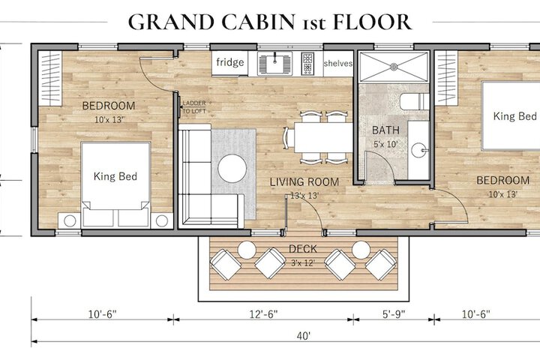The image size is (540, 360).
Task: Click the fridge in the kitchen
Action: pyautogui.click(x=229, y=63)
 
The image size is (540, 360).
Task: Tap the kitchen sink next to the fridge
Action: pyautogui.click(x=274, y=64)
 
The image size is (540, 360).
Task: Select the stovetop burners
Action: pyautogui.click(x=307, y=64)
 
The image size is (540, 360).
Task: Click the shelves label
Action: pyautogui.click(x=337, y=64)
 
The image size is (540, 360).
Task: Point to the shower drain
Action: pyautogui.click(x=394, y=67)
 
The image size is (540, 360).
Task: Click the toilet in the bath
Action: pyautogui.click(x=414, y=102)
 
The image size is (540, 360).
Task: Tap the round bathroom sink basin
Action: pyautogui.click(x=419, y=150)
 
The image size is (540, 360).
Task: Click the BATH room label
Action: pyautogui.click(x=385, y=130)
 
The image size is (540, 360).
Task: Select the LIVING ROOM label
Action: pyautogui.click(x=304, y=182)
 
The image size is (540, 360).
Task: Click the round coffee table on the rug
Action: pyautogui.click(x=232, y=169)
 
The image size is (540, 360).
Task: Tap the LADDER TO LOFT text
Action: pyautogui.click(x=194, y=107)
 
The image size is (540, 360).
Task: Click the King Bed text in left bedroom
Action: pyautogui.click(x=115, y=176)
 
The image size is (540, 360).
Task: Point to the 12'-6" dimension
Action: pyautogui.click(x=263, y=314)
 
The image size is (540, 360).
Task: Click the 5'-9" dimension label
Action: pyautogui.click(x=394, y=314)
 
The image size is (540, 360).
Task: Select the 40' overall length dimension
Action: pyautogui.click(x=304, y=336)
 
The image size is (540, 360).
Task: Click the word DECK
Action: pyautogui.click(x=303, y=249)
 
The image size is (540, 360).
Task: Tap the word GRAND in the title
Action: pyautogui.click(x=171, y=22)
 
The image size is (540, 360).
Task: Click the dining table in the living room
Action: pyautogui.click(x=323, y=137)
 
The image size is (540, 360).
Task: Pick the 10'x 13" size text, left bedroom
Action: pyautogui.click(x=109, y=120)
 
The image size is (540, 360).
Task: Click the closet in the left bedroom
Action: pyautogui.click(x=50, y=78)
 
